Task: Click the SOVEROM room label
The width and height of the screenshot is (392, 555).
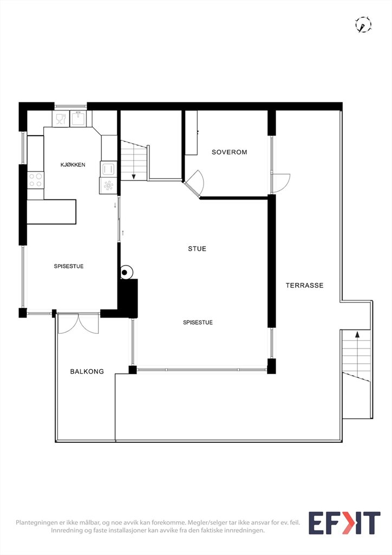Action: click(x=229, y=152)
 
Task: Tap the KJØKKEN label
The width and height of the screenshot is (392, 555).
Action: click(x=73, y=165)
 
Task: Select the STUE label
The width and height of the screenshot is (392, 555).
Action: click(x=197, y=249)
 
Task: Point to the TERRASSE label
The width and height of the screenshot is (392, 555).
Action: click(x=304, y=285)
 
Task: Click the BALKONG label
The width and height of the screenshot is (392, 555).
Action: click(x=87, y=371)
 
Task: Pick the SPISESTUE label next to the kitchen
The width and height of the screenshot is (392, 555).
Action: click(x=69, y=266)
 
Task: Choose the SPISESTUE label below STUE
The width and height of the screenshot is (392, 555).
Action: click(x=198, y=322)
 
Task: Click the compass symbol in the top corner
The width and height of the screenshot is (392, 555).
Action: click(x=363, y=25)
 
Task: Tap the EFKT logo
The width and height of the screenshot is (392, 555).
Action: click(x=344, y=523)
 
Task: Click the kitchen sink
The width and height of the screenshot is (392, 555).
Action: click(x=78, y=118)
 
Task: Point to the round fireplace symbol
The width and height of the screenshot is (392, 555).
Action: click(x=125, y=272)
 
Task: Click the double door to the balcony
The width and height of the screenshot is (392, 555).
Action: click(x=79, y=323)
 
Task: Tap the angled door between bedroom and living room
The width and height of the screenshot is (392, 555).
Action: click(x=194, y=183)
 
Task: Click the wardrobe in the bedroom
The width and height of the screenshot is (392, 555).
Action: click(x=191, y=133)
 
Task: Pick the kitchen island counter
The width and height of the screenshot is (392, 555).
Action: click(x=51, y=212)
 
